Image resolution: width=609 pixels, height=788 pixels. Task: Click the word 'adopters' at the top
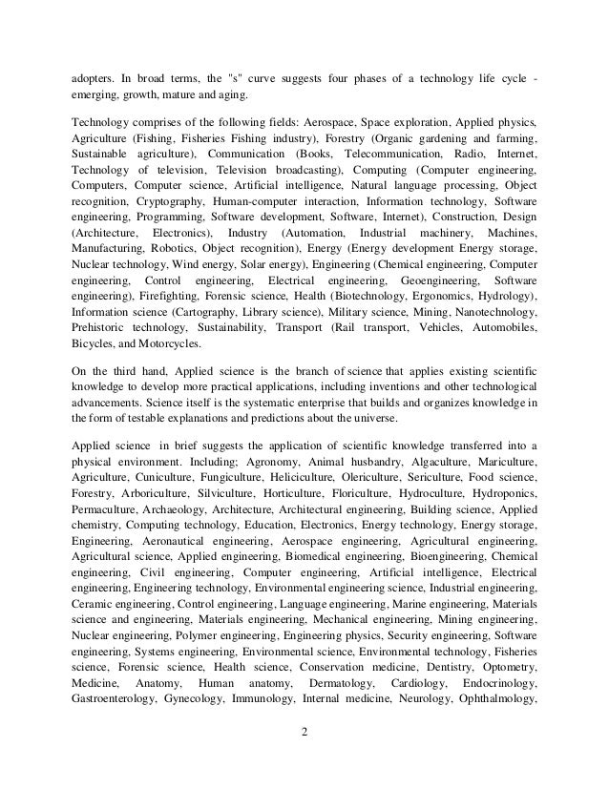[x=94, y=76]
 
